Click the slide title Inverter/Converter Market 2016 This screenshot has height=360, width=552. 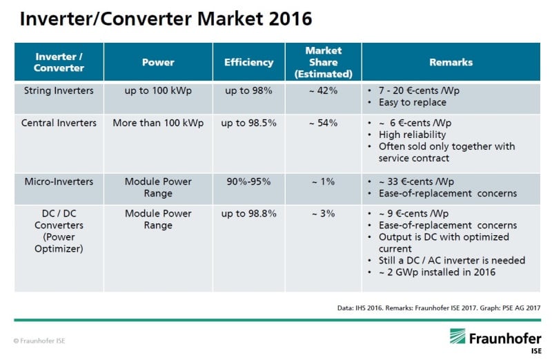pyautogui.click(x=166, y=19)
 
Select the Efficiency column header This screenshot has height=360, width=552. pyautogui.click(x=248, y=62)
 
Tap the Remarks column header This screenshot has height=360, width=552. pyautogui.click(x=451, y=62)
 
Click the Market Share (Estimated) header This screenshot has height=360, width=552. pyautogui.click(x=324, y=62)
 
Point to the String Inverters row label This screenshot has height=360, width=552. pyautogui.click(x=59, y=90)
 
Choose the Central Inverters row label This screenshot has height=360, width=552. pyautogui.click(x=59, y=123)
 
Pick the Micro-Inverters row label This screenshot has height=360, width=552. pyautogui.click(x=59, y=181)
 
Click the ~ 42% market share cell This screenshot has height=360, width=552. pyautogui.click(x=323, y=90)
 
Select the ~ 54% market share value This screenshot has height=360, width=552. pyautogui.click(x=323, y=123)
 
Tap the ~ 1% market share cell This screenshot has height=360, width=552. pyautogui.click(x=323, y=181)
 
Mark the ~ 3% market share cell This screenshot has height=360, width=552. pyautogui.click(x=323, y=214)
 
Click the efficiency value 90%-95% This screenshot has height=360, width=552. pyautogui.click(x=248, y=181)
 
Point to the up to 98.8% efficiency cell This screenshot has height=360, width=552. pyautogui.click(x=248, y=214)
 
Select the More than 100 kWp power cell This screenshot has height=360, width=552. pyautogui.click(x=158, y=123)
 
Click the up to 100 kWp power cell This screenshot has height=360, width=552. pyautogui.click(x=158, y=91)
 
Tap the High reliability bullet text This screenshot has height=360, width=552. pyautogui.click(x=412, y=134)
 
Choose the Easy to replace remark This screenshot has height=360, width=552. pyautogui.click(x=413, y=102)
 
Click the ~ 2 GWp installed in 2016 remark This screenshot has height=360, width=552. pyautogui.click(x=437, y=272)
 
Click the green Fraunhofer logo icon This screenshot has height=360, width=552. pyautogui.click(x=457, y=336)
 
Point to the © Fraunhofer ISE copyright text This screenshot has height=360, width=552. pyautogui.click(x=39, y=341)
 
